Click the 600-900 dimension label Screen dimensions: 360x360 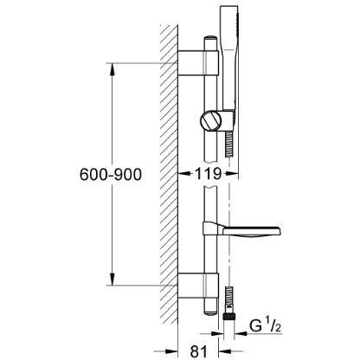click(x=111, y=174)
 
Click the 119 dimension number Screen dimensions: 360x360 click(x=208, y=174)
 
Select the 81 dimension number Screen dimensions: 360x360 click(x=199, y=351)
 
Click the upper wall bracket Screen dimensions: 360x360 click(x=198, y=63)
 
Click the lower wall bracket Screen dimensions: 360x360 click(x=198, y=286)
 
